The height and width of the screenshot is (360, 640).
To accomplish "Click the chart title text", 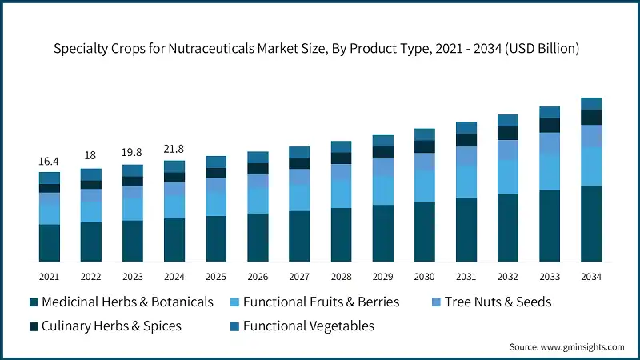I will [320, 49].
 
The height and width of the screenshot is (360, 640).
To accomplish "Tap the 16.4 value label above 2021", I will [49, 162].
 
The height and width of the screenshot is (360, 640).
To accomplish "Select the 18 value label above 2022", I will [90, 155].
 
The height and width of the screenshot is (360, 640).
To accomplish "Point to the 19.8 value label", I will [132, 152].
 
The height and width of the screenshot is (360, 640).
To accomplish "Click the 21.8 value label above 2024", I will [174, 147].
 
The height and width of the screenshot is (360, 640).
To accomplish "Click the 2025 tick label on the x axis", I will [216, 276].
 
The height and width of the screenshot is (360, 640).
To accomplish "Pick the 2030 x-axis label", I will [425, 276].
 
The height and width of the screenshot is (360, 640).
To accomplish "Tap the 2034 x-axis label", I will [591, 276].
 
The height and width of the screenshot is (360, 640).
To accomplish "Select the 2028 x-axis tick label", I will [341, 276].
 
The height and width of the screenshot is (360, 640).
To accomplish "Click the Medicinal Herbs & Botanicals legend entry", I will [127, 302].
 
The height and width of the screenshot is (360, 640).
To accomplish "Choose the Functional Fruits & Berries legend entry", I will [321, 302].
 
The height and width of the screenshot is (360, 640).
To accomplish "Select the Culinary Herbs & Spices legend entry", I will [111, 326].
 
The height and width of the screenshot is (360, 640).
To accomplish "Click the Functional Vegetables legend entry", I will [309, 326].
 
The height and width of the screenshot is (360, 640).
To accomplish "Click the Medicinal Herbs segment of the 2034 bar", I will [591, 224].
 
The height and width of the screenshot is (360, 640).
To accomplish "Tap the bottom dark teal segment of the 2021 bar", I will [49, 243].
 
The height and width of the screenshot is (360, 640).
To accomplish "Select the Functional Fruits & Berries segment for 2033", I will [550, 171].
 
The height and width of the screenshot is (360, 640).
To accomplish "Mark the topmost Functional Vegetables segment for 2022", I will [90, 174].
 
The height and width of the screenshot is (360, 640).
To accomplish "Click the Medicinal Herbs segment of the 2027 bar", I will [299, 237].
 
